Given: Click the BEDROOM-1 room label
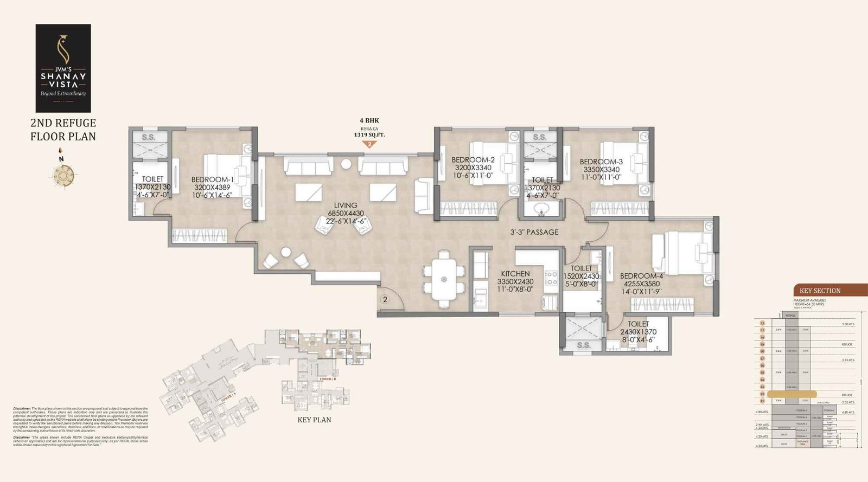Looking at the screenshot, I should [212, 179].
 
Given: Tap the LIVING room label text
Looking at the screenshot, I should [346, 205].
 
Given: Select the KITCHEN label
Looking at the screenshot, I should [515, 274].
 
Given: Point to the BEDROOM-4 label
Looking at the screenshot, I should [641, 276].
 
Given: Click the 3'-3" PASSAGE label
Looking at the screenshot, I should [534, 232].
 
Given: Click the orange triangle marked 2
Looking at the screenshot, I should [369, 144].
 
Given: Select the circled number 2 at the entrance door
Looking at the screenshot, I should [385, 299].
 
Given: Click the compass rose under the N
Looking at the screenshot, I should [61, 175].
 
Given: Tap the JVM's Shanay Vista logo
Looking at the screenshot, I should [63, 68].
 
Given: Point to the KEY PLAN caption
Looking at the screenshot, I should [314, 420].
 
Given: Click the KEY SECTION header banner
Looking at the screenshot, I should [820, 291].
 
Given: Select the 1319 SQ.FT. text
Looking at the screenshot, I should [369, 134].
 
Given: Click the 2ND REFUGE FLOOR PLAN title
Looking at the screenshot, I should [63, 130].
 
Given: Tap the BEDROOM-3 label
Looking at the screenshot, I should [601, 162].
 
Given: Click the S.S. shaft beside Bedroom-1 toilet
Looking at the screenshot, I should [149, 138].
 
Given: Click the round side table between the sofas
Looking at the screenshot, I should [346, 164].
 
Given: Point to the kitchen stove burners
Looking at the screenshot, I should [551, 278].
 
